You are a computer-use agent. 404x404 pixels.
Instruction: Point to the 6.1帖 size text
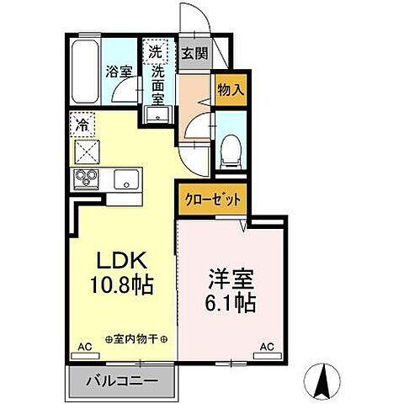[x=229, y=300]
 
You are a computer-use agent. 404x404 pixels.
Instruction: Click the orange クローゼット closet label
[x=213, y=201]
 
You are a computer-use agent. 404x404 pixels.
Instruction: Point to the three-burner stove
[x=87, y=178]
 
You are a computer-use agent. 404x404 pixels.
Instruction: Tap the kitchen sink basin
[x=128, y=178]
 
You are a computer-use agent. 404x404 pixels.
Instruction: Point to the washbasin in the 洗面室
[x=157, y=115]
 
